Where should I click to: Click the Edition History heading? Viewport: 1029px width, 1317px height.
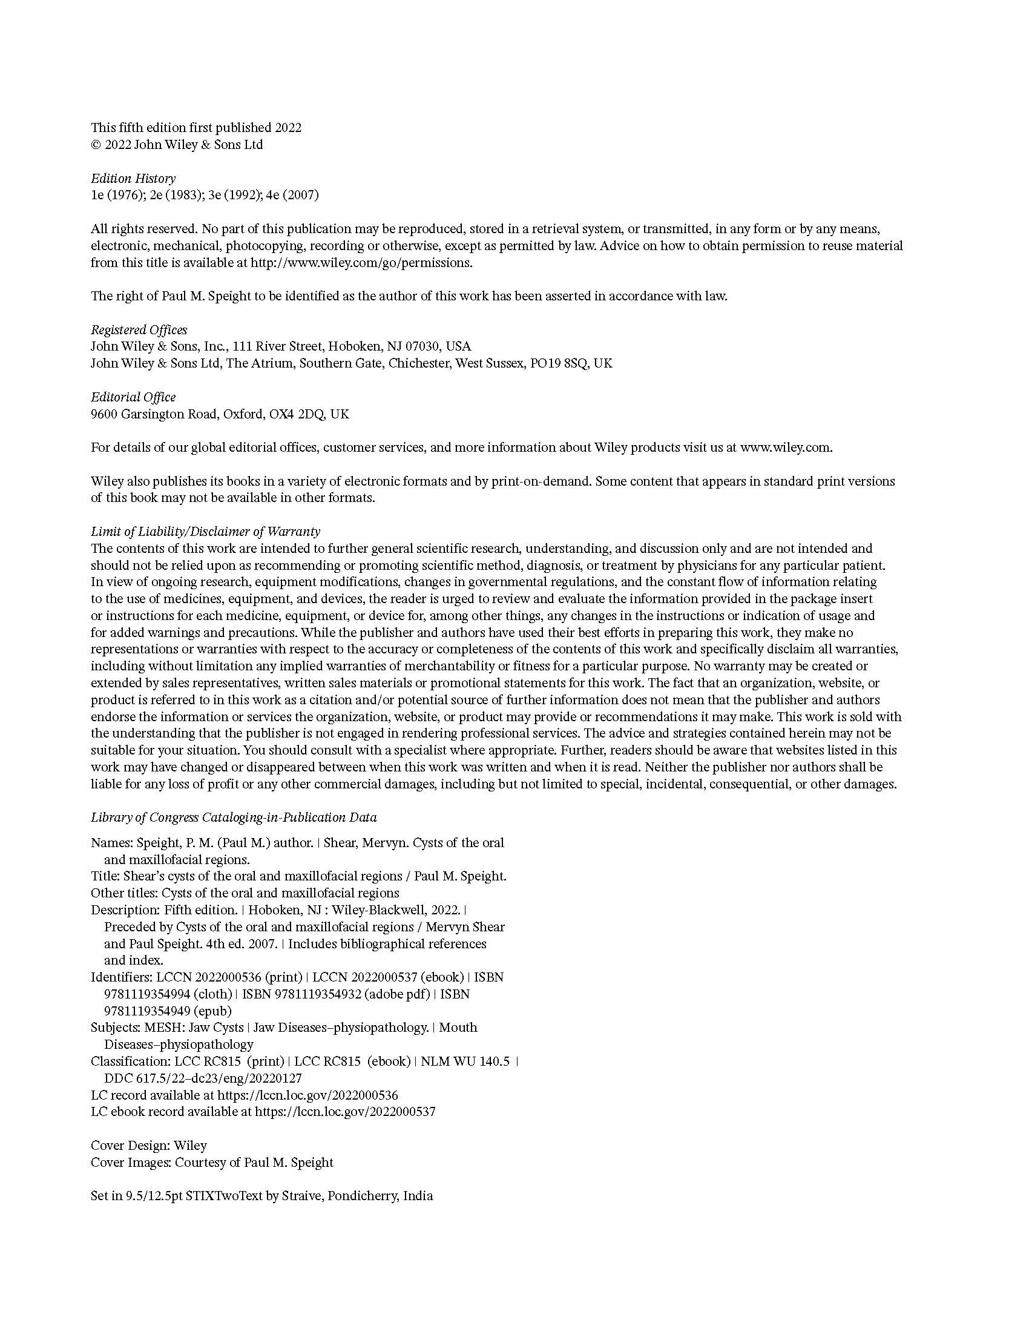pos(133,179)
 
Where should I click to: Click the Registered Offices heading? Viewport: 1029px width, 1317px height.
pos(139,330)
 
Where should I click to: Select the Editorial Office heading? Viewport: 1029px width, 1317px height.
pos(133,397)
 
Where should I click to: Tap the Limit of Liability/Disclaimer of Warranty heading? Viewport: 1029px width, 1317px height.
pos(205,532)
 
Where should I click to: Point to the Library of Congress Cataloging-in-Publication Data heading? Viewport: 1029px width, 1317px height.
pos(234,817)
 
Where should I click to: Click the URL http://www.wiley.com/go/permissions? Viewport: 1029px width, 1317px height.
pos(361,263)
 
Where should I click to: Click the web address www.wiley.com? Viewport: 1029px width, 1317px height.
pos(785,447)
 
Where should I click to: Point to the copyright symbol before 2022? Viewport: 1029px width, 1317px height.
pos(95,145)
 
